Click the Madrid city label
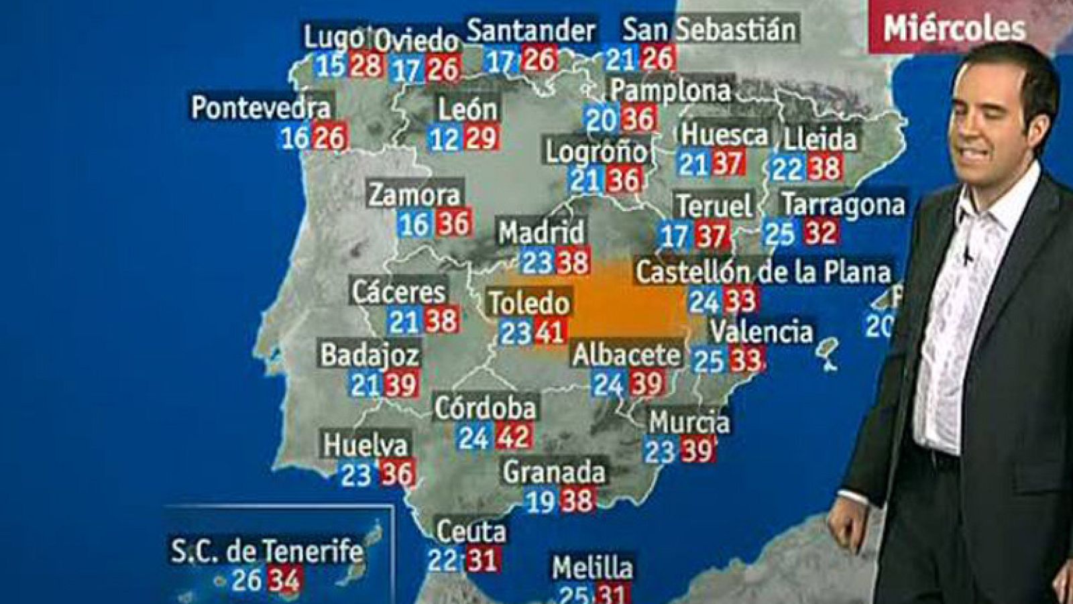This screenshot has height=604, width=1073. [x=541, y=233]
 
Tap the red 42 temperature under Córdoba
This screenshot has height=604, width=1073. [x=514, y=437]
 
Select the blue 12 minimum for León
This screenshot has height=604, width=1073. [x=444, y=139]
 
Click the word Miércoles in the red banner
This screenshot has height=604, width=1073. [x=954, y=29]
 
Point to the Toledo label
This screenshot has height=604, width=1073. [x=529, y=303]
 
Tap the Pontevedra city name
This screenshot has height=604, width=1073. [x=261, y=108]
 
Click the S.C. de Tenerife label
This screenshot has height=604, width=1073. [x=267, y=552]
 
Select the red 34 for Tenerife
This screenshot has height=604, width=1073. [x=284, y=580]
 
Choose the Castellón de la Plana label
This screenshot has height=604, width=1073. [x=763, y=272]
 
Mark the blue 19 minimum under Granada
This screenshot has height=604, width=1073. [x=540, y=501]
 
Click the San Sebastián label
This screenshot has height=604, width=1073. [x=710, y=29]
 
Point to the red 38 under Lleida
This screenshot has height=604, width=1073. [x=824, y=168]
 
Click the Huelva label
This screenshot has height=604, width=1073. [x=365, y=445]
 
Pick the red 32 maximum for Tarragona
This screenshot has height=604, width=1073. [x=820, y=233]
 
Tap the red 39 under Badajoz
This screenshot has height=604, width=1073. [x=402, y=384]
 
